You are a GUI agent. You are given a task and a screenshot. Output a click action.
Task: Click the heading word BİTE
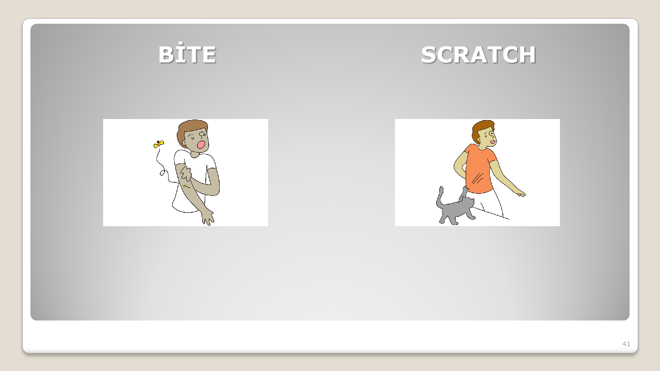[187, 54]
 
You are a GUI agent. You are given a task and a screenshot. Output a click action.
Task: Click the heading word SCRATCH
[478, 55]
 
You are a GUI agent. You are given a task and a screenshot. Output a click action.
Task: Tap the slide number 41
[626, 344]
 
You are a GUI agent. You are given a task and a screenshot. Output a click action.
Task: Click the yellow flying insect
[158, 144]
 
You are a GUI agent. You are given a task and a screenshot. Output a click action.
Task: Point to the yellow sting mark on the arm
[185, 186]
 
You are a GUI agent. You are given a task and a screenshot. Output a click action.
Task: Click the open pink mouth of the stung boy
[201, 145]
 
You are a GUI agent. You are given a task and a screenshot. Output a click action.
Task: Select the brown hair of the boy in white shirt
[190, 129]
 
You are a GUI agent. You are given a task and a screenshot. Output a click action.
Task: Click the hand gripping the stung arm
[186, 174]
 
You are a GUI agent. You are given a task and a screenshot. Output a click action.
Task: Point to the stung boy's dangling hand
[208, 218]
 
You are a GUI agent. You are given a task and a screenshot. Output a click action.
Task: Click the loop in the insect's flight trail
[162, 173]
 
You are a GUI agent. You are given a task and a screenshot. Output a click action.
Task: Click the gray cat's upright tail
[439, 197]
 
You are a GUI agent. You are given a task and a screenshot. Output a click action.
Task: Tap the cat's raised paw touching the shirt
[465, 190]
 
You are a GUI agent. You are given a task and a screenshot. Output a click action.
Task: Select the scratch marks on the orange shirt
[477, 178]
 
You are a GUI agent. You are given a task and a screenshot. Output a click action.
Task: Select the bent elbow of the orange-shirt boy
[456, 166]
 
